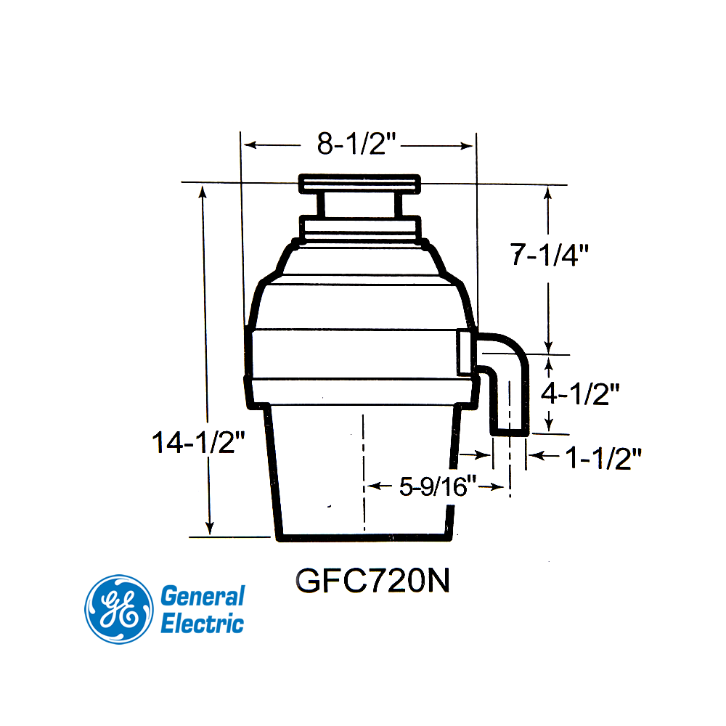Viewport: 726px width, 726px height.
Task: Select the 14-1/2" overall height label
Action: pos(195,442)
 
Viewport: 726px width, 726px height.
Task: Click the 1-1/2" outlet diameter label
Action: pos(603,457)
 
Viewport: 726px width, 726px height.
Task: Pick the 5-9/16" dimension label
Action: pos(438,486)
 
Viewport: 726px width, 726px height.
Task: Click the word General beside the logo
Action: pos(202,597)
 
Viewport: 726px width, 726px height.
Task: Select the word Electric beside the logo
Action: pos(202,623)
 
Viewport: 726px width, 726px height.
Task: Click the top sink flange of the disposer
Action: pos(360,183)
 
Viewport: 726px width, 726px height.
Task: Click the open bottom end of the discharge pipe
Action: pos(510,432)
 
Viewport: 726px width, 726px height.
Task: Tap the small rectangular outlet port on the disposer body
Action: pos(465,352)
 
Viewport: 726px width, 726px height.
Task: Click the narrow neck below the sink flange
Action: pos(360,205)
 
